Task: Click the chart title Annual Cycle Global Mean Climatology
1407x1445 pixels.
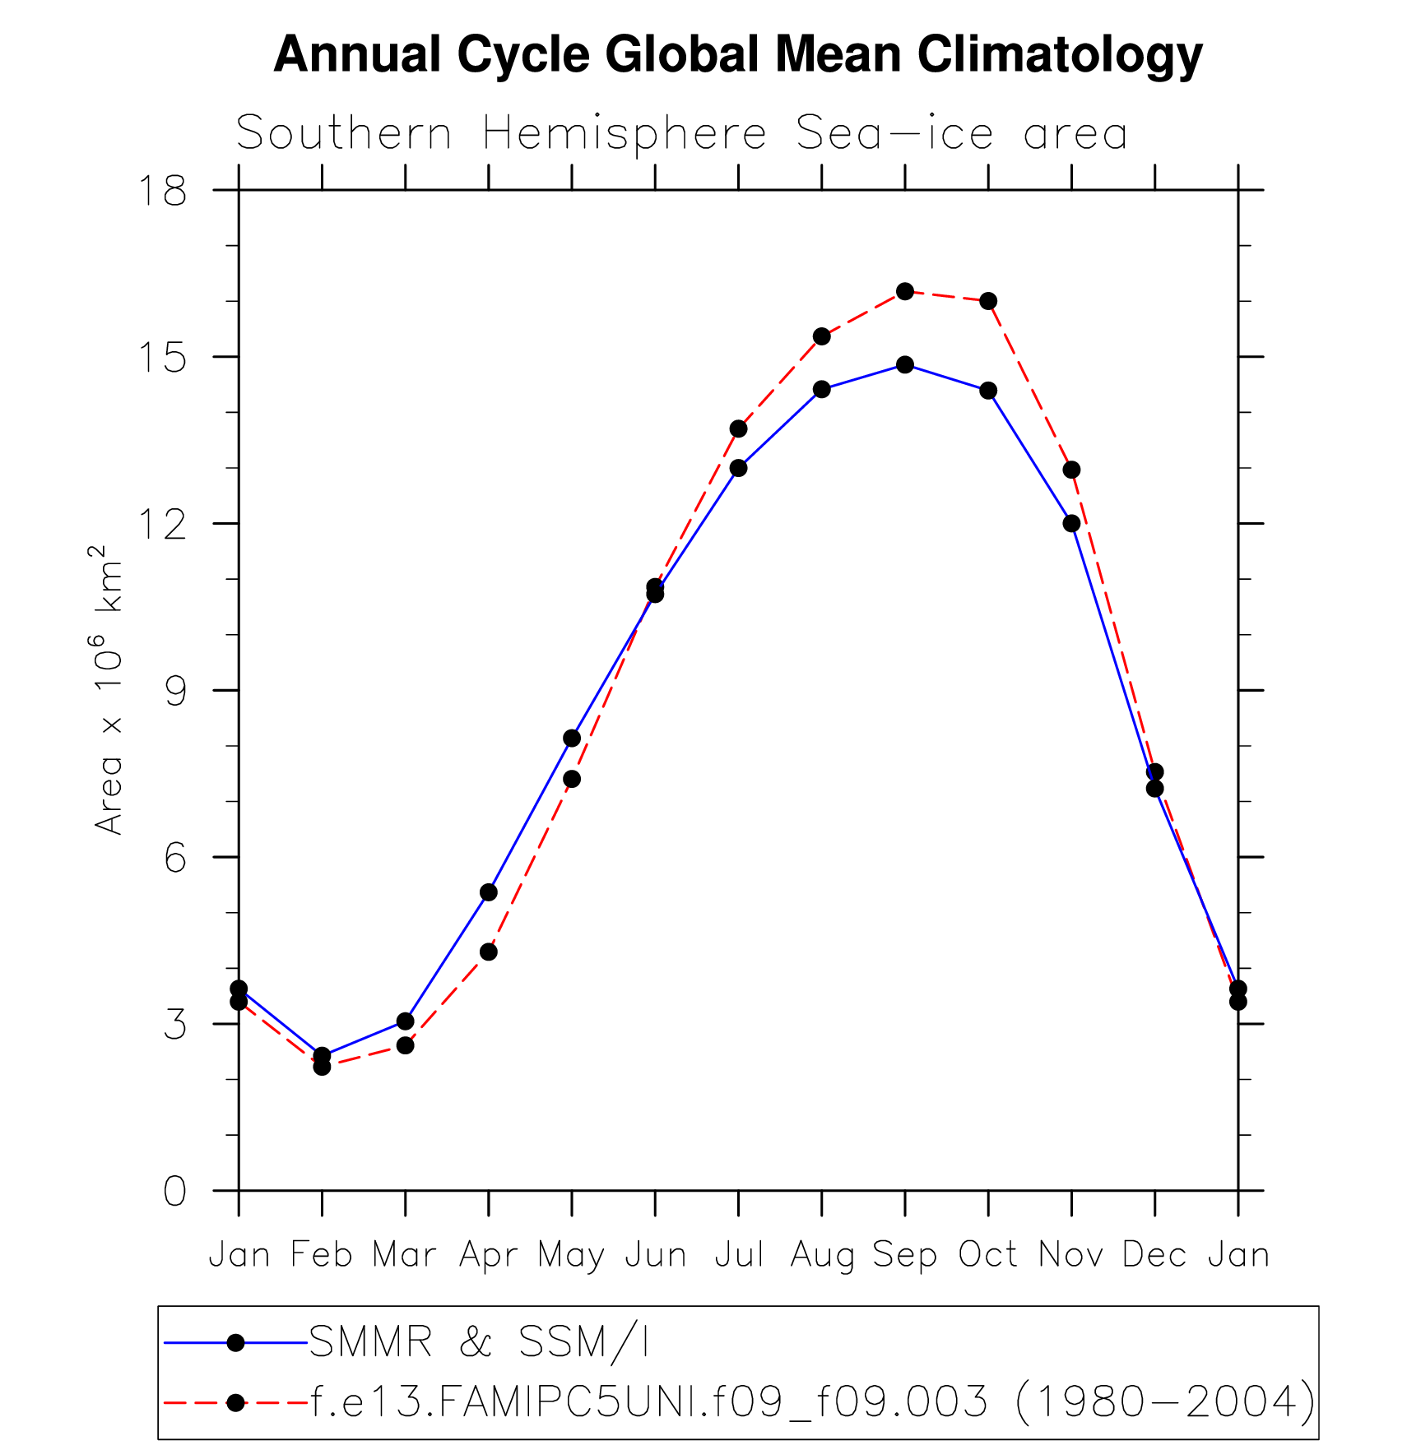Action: click(737, 54)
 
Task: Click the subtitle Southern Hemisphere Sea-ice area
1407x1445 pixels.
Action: click(681, 133)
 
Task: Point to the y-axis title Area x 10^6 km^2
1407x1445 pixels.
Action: click(109, 689)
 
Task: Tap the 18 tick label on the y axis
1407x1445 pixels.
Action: click(163, 191)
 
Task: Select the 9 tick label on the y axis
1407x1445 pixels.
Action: click(175, 691)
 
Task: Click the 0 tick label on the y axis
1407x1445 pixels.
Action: click(175, 1191)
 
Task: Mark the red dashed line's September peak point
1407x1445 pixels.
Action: click(905, 291)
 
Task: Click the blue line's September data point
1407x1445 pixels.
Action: click(905, 364)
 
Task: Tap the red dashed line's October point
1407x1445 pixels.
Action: click(988, 301)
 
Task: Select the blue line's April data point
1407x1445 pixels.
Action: click(489, 892)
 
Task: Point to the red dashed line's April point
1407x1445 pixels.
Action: click(489, 952)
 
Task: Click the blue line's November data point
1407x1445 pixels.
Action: click(1071, 523)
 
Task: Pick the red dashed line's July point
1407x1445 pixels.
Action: click(738, 428)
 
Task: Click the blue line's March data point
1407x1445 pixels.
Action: click(405, 1021)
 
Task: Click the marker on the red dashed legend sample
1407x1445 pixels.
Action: click(236, 1402)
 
